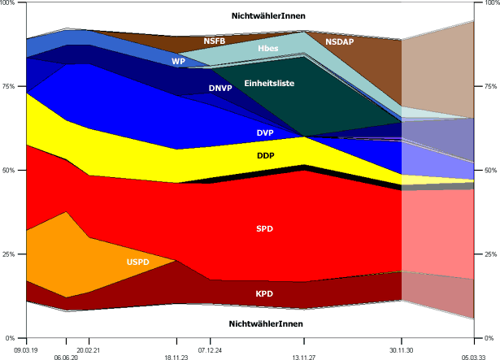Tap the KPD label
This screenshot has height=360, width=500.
point(265,293)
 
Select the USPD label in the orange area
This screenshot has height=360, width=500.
point(137,262)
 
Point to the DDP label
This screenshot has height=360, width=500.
point(265,155)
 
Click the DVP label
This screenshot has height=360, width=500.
point(265,132)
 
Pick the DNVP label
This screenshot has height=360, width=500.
point(220,88)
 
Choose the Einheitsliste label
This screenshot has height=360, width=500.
point(269,84)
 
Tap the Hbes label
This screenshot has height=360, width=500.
point(267,49)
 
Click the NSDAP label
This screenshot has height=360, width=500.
point(341,41)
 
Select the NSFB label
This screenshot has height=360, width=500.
point(215,40)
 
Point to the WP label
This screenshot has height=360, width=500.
point(178,61)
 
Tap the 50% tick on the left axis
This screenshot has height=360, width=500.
point(11,171)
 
